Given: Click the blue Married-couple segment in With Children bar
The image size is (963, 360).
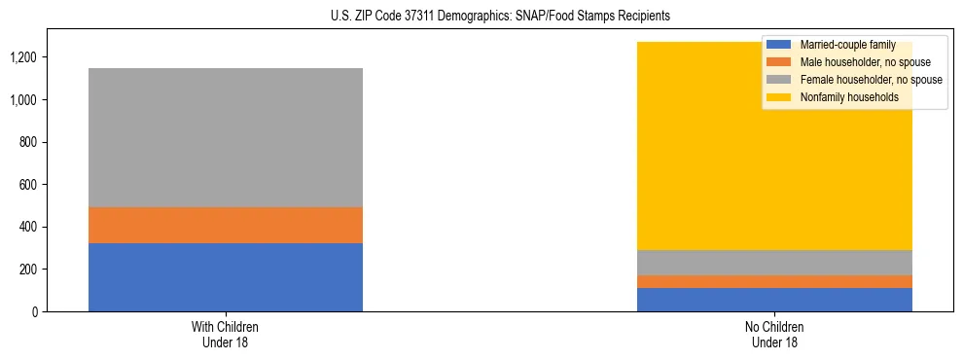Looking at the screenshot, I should click(226, 277).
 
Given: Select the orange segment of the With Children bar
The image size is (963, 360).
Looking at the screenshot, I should click(226, 225).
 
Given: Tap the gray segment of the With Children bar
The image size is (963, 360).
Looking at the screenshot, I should click(226, 137).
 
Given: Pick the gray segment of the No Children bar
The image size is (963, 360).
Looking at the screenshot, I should click(774, 263).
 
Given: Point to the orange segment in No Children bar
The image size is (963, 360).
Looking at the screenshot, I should click(774, 282).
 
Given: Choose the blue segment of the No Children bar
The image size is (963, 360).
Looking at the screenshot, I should click(774, 300).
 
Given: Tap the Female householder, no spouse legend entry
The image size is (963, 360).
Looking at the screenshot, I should click(869, 80).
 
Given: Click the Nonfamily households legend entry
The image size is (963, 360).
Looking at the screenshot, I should click(848, 97).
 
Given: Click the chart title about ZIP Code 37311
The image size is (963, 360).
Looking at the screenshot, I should click(482, 17).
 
